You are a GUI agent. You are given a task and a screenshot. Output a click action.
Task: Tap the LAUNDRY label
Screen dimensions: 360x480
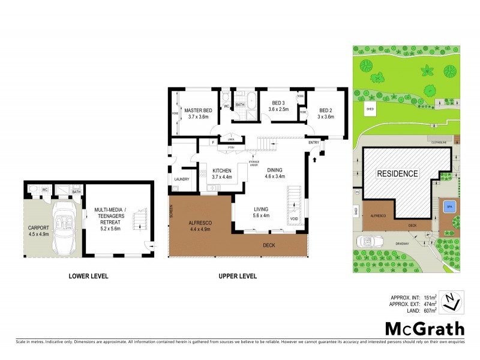coord(182,179)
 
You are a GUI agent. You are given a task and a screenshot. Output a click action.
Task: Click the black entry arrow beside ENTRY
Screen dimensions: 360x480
coord(314,158)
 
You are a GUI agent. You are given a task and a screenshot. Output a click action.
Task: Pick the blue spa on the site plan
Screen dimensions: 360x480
coord(448,206)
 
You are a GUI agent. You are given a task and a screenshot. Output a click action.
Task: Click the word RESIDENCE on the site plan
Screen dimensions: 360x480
coord(397,173)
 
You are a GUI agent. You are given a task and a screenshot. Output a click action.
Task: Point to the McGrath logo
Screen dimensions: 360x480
coord(424,328)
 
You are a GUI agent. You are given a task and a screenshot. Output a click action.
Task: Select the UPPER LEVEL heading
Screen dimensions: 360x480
coord(238,277)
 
